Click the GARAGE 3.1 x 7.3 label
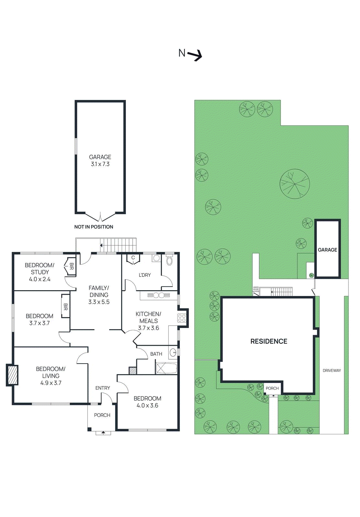[x=100, y=161]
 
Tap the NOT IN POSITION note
[x=94, y=227]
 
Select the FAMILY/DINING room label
[x=99, y=295]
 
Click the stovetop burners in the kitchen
[x=182, y=318]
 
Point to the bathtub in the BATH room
[x=166, y=368]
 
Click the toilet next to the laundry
[x=170, y=261]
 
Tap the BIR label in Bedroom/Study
[x=72, y=266]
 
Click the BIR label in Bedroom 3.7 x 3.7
[x=66, y=307]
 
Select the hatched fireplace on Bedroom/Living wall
[x=12, y=375]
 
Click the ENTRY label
[x=103, y=388]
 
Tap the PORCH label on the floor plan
[x=102, y=415]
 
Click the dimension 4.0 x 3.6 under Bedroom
[x=147, y=406]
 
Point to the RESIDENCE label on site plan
[x=269, y=341]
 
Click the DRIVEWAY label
[x=332, y=371]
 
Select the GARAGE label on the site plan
[x=327, y=250]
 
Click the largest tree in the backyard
[x=294, y=184]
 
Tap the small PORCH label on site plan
[x=272, y=388]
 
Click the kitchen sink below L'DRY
[x=159, y=295]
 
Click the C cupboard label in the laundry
[x=133, y=258]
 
